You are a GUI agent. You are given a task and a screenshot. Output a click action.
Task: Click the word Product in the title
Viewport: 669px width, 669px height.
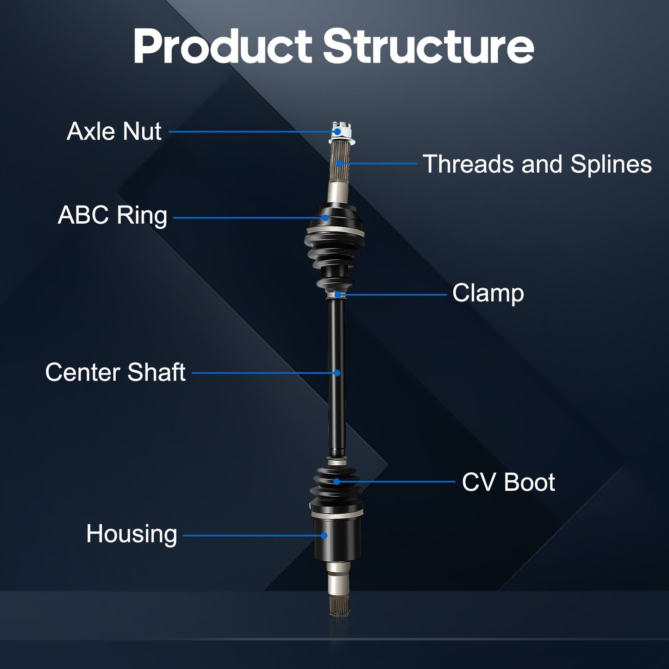coord(222,47)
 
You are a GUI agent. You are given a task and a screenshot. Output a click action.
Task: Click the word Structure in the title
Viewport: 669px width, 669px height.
coord(428,47)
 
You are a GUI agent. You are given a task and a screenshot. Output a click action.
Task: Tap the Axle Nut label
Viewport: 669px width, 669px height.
coord(114,131)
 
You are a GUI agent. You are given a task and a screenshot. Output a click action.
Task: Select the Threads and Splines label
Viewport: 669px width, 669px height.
coord(537,164)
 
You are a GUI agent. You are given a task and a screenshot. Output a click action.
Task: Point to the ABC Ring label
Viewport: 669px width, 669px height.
coord(113,216)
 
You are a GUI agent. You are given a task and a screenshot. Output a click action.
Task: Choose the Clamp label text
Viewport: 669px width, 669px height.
coord(488,294)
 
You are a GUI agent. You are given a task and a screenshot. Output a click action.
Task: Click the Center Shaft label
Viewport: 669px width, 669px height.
coord(115,372)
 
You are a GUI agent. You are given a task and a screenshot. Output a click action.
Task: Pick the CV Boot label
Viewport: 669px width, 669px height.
coord(508,482)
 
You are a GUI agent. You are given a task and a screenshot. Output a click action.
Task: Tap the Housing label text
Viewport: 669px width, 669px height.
coord(131,534)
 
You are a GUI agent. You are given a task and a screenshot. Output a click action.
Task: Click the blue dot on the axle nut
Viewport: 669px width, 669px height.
coord(338,132)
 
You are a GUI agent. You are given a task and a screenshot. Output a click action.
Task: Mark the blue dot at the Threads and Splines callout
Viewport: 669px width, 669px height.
coord(339,163)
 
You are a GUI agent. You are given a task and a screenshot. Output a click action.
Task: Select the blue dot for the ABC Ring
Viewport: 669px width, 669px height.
coord(325,218)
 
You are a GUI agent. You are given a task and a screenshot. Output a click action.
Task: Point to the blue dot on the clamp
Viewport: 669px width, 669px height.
coord(338,294)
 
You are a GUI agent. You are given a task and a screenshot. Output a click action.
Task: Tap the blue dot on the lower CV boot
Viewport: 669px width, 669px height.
coord(337,481)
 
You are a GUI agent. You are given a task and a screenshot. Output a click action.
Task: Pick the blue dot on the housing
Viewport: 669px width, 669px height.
coord(324,536)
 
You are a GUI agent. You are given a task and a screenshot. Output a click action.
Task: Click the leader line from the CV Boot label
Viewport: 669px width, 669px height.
coord(398,481)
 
